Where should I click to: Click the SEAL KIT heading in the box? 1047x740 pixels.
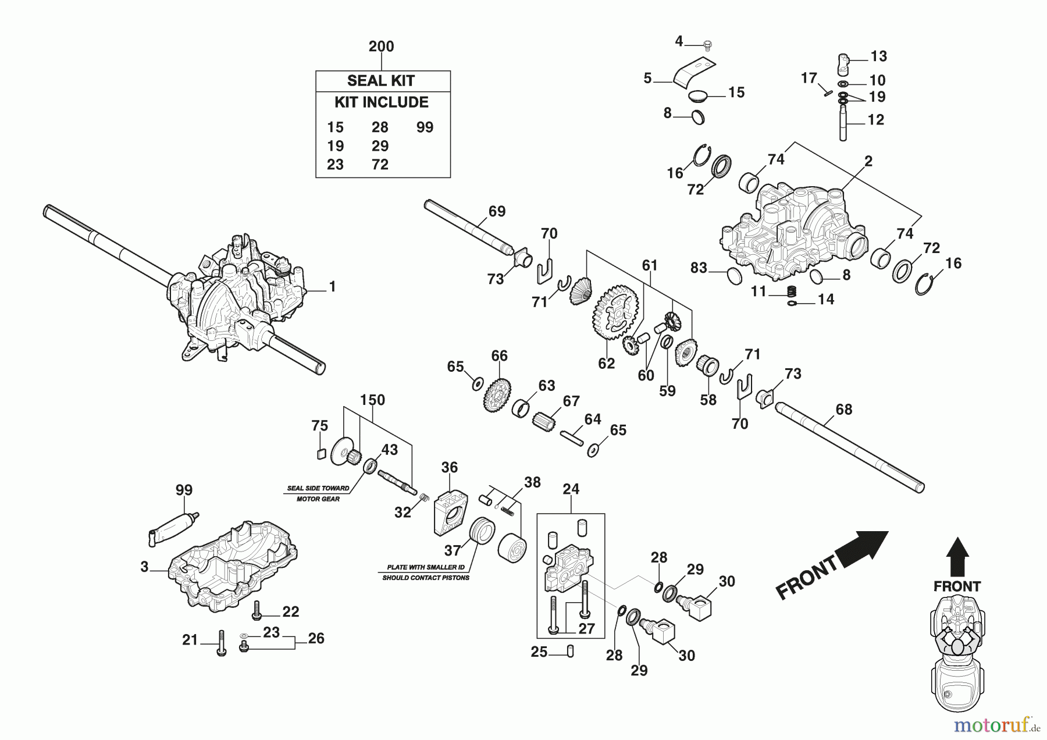tap(381, 81)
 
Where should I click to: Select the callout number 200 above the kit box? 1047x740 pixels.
tap(382, 47)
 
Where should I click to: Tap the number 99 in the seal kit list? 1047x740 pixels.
tap(425, 127)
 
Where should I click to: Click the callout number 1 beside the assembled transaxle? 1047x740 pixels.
tap(332, 287)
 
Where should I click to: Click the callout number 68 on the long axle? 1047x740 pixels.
tap(843, 410)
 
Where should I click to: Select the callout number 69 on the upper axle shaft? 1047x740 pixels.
tap(497, 212)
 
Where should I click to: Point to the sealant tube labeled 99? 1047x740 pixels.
tap(173, 526)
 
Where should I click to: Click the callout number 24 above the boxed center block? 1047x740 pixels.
tap(571, 489)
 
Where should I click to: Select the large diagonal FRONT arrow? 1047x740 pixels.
tap(832, 564)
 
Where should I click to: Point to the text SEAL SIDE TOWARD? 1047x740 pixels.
tap(318, 489)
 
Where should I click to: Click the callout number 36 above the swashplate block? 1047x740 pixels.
tap(449, 467)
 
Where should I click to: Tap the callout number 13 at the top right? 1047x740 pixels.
tap(878, 56)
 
